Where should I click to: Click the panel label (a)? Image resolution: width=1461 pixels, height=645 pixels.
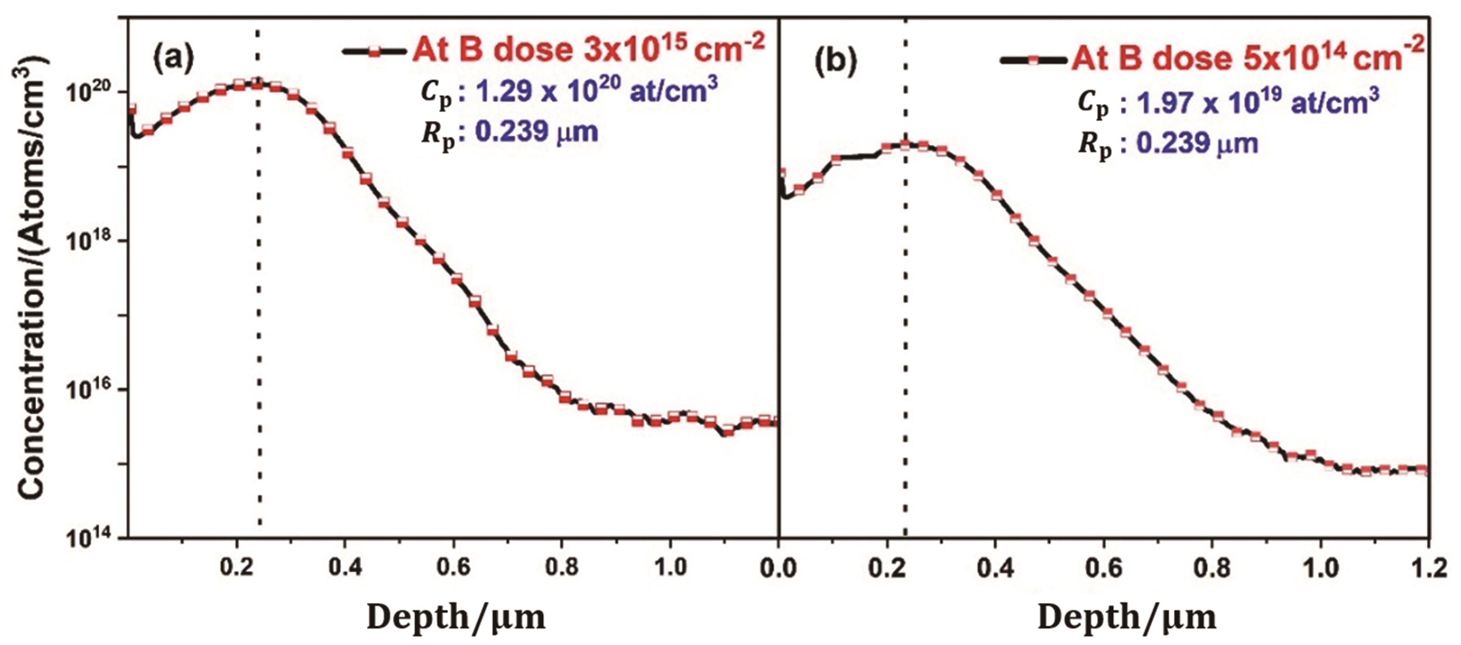(x=173, y=57)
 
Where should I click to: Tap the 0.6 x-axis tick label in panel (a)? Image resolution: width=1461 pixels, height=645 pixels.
(x=454, y=567)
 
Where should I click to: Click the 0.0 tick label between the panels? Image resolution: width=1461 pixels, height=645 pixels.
(x=779, y=568)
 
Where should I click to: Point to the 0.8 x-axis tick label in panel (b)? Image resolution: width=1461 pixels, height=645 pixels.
(x=1211, y=568)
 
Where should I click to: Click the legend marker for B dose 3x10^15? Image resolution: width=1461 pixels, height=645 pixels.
(x=374, y=52)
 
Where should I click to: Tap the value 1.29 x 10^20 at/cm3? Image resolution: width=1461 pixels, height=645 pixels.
(x=596, y=91)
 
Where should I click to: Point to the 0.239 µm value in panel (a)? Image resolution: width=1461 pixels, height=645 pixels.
(x=536, y=132)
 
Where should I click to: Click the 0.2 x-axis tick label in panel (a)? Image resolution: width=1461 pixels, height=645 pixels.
(x=237, y=567)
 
